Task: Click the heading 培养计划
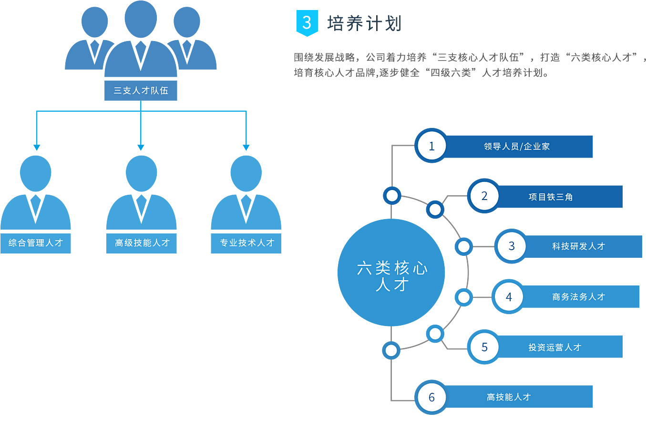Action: (x=364, y=23)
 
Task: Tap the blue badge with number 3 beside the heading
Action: (x=307, y=22)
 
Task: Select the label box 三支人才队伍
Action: (x=141, y=91)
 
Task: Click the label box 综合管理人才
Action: (x=36, y=243)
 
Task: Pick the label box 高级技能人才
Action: (x=142, y=243)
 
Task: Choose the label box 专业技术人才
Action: (x=246, y=243)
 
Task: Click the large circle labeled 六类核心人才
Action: (x=391, y=273)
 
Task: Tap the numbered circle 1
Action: (x=431, y=146)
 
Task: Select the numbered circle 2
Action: (x=484, y=196)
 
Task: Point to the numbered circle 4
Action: (x=509, y=296)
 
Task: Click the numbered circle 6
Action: (x=431, y=397)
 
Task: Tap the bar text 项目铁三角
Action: (x=550, y=197)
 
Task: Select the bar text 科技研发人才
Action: (x=578, y=246)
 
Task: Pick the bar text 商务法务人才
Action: (x=578, y=297)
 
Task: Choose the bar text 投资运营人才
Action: (x=554, y=347)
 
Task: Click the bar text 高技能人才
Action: (x=509, y=397)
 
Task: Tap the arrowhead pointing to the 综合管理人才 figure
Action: (x=36, y=148)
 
